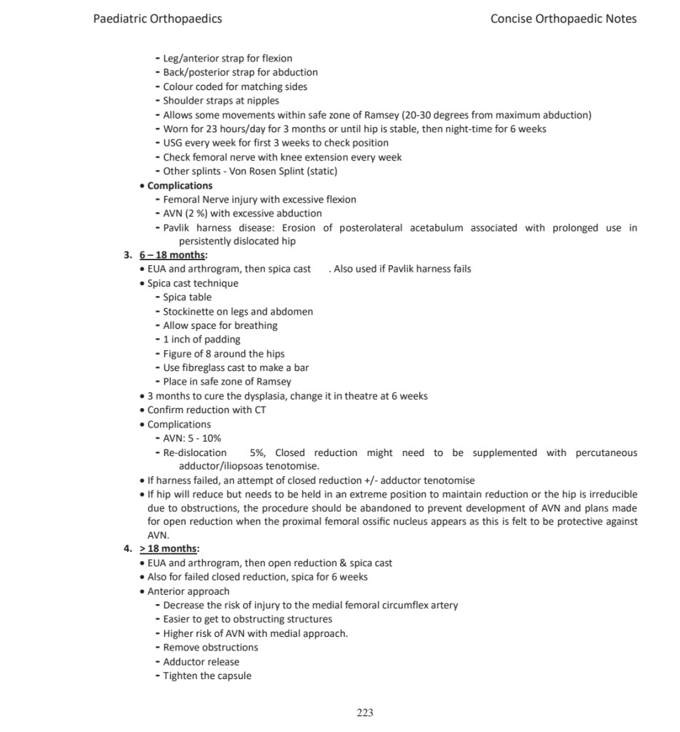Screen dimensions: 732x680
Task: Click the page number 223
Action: (x=365, y=712)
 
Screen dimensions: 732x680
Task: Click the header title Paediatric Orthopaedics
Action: (x=157, y=19)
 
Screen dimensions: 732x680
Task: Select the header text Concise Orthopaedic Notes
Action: (x=563, y=19)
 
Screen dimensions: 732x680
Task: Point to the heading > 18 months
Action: (x=169, y=549)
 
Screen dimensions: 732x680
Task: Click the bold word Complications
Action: (x=180, y=185)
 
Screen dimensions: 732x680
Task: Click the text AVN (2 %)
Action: (x=186, y=213)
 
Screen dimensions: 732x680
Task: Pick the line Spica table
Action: (x=187, y=297)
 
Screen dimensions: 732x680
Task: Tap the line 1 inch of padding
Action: (x=201, y=340)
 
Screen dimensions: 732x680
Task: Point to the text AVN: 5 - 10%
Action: (x=192, y=438)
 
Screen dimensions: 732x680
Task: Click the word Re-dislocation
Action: (x=195, y=452)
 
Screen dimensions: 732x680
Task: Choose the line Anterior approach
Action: (x=189, y=591)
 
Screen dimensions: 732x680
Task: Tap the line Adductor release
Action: (x=201, y=662)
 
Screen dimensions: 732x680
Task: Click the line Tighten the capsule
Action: (x=207, y=676)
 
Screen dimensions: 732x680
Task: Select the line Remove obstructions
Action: (x=211, y=648)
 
